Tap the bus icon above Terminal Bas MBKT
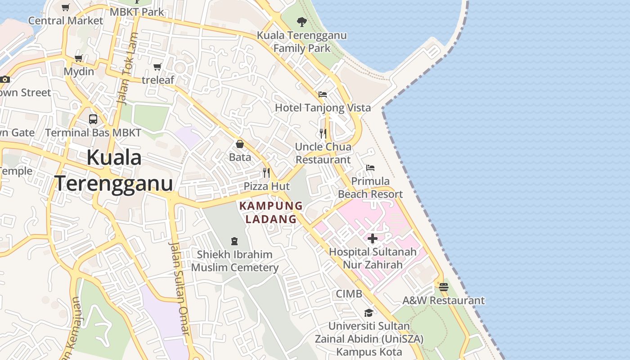coord(93,119)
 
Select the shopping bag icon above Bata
coord(240,144)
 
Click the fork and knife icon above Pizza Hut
coord(266,173)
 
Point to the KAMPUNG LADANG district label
coord(271,212)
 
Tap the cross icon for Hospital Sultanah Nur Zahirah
coord(373,238)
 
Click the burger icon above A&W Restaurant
coord(444,287)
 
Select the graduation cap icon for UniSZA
coord(369,313)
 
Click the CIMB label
coord(349,294)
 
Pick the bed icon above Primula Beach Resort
coord(370,168)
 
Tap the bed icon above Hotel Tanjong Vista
coord(323,94)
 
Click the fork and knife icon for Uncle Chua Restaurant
coord(323,133)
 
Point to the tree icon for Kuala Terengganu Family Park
coord(302,22)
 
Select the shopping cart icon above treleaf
coord(157,67)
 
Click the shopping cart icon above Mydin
coord(79,58)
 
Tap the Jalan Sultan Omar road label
coord(179,288)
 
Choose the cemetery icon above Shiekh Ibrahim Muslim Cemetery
coord(234,241)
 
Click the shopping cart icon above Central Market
coord(66,7)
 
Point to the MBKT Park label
coord(137,12)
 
